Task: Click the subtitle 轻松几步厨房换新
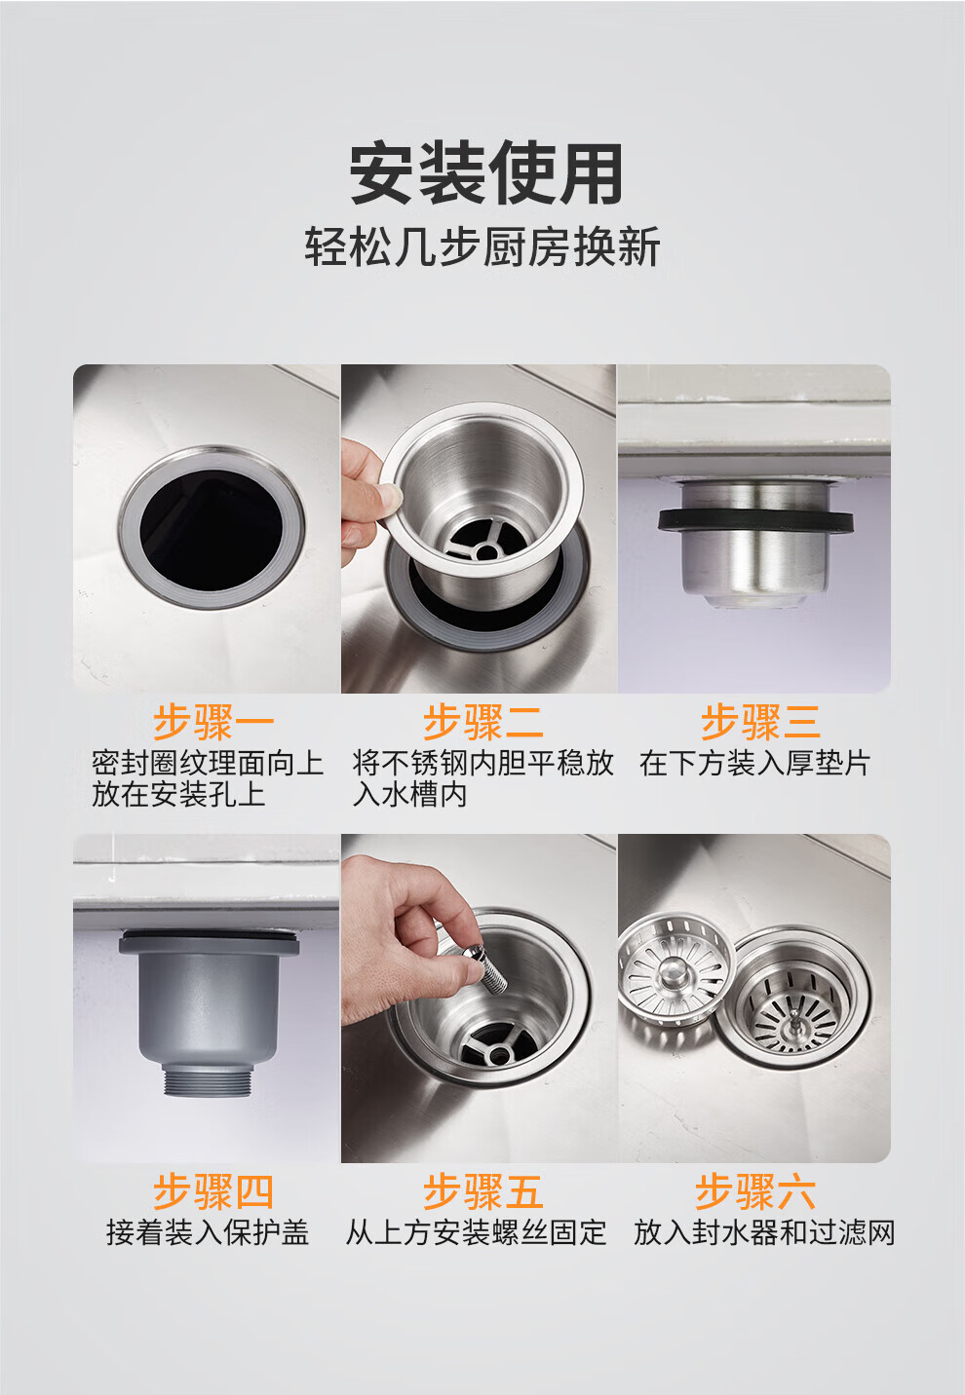coord(482,247)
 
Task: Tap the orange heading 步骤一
coord(213,722)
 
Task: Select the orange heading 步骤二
coord(482,722)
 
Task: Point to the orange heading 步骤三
coord(760,722)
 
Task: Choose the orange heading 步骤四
coord(213,1191)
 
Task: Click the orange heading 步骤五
coord(482,1191)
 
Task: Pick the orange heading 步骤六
coord(755,1191)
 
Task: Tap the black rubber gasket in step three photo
coord(755,520)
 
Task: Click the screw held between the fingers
coord(489,970)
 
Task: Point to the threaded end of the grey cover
coord(208,1080)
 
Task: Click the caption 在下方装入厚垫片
coord(754,764)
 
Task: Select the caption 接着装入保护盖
coord(208,1233)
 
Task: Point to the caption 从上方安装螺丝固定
coord(476,1233)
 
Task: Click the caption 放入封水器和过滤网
coord(764,1233)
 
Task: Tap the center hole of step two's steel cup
coord(485,551)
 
